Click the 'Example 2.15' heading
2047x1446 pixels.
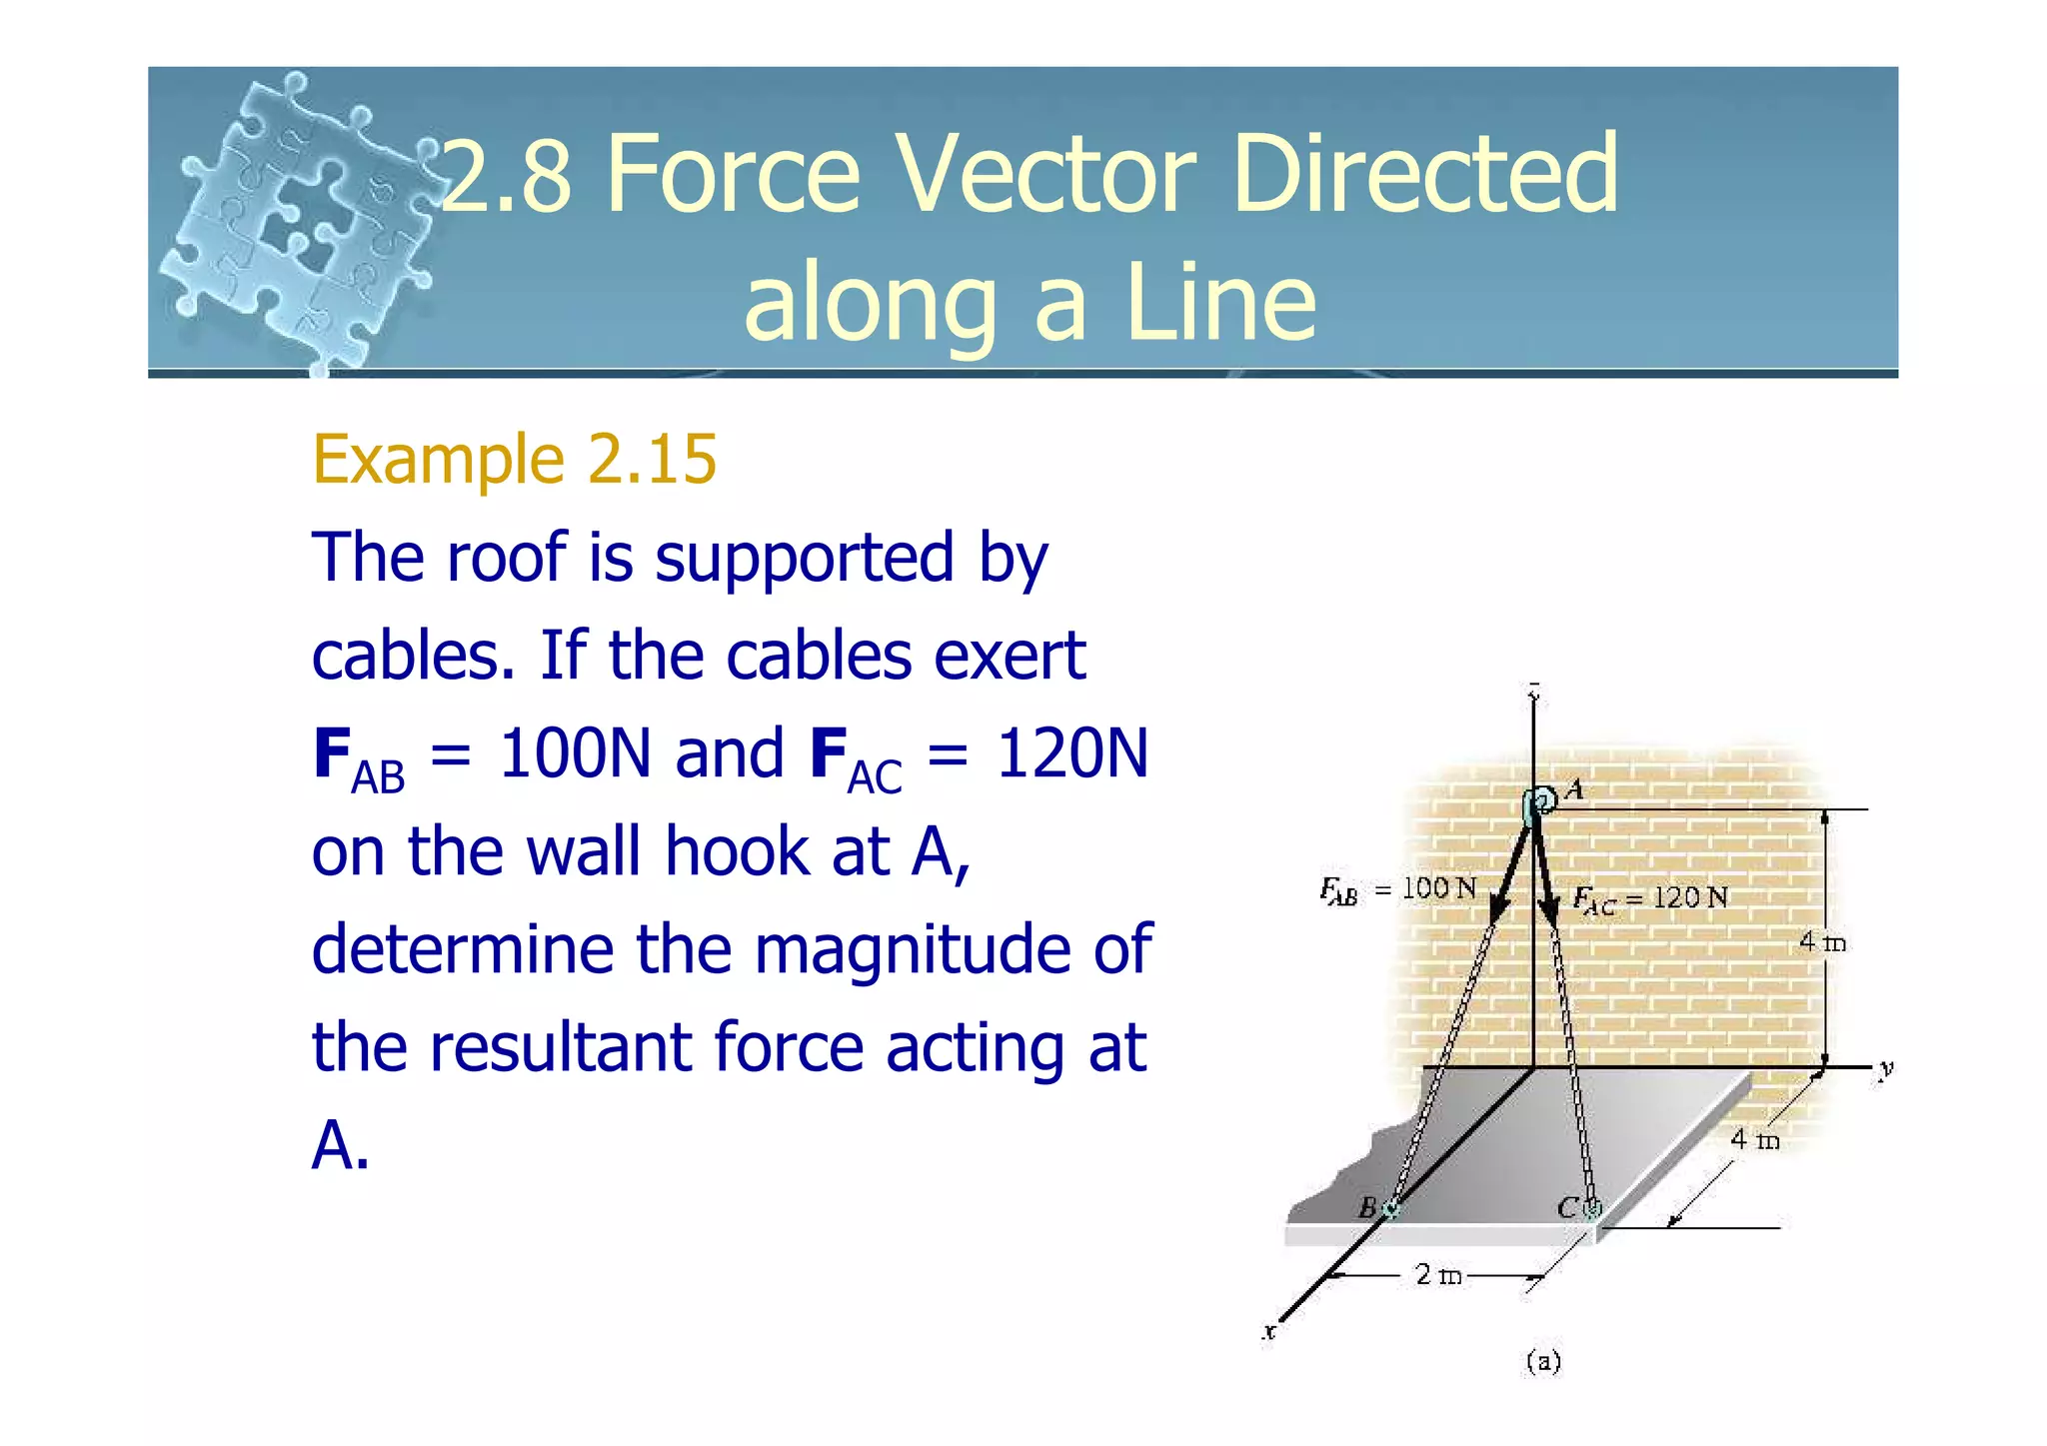click(514, 460)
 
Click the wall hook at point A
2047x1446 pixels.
click(1540, 801)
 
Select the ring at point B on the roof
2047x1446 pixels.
click(1390, 1209)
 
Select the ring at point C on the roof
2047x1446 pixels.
click(1592, 1209)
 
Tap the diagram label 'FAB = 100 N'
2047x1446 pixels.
click(1397, 889)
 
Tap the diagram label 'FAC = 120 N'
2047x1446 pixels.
click(1649, 898)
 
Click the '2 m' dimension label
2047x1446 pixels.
click(1437, 1275)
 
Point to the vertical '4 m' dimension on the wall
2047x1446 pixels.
click(1821, 942)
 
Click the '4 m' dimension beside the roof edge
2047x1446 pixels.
click(1754, 1139)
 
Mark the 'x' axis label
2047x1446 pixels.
click(1269, 1331)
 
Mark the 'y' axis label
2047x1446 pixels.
click(1885, 1069)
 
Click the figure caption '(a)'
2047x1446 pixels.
click(1543, 1361)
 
